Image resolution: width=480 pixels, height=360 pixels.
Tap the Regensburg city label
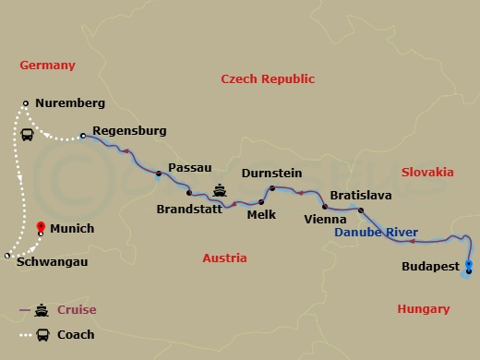[130, 131]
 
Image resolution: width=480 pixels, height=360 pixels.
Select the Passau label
[190, 167]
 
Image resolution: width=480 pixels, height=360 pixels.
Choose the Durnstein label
[272, 172]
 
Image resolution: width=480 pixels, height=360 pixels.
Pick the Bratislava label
[361, 196]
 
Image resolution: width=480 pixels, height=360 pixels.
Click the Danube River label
[376, 233]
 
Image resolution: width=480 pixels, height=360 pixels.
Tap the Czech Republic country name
[268, 80]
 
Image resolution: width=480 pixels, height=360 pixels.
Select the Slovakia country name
[427, 172]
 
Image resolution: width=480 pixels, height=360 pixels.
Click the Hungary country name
[423, 309]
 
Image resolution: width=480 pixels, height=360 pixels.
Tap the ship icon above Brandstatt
[221, 191]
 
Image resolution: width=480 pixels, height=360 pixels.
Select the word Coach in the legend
[76, 335]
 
